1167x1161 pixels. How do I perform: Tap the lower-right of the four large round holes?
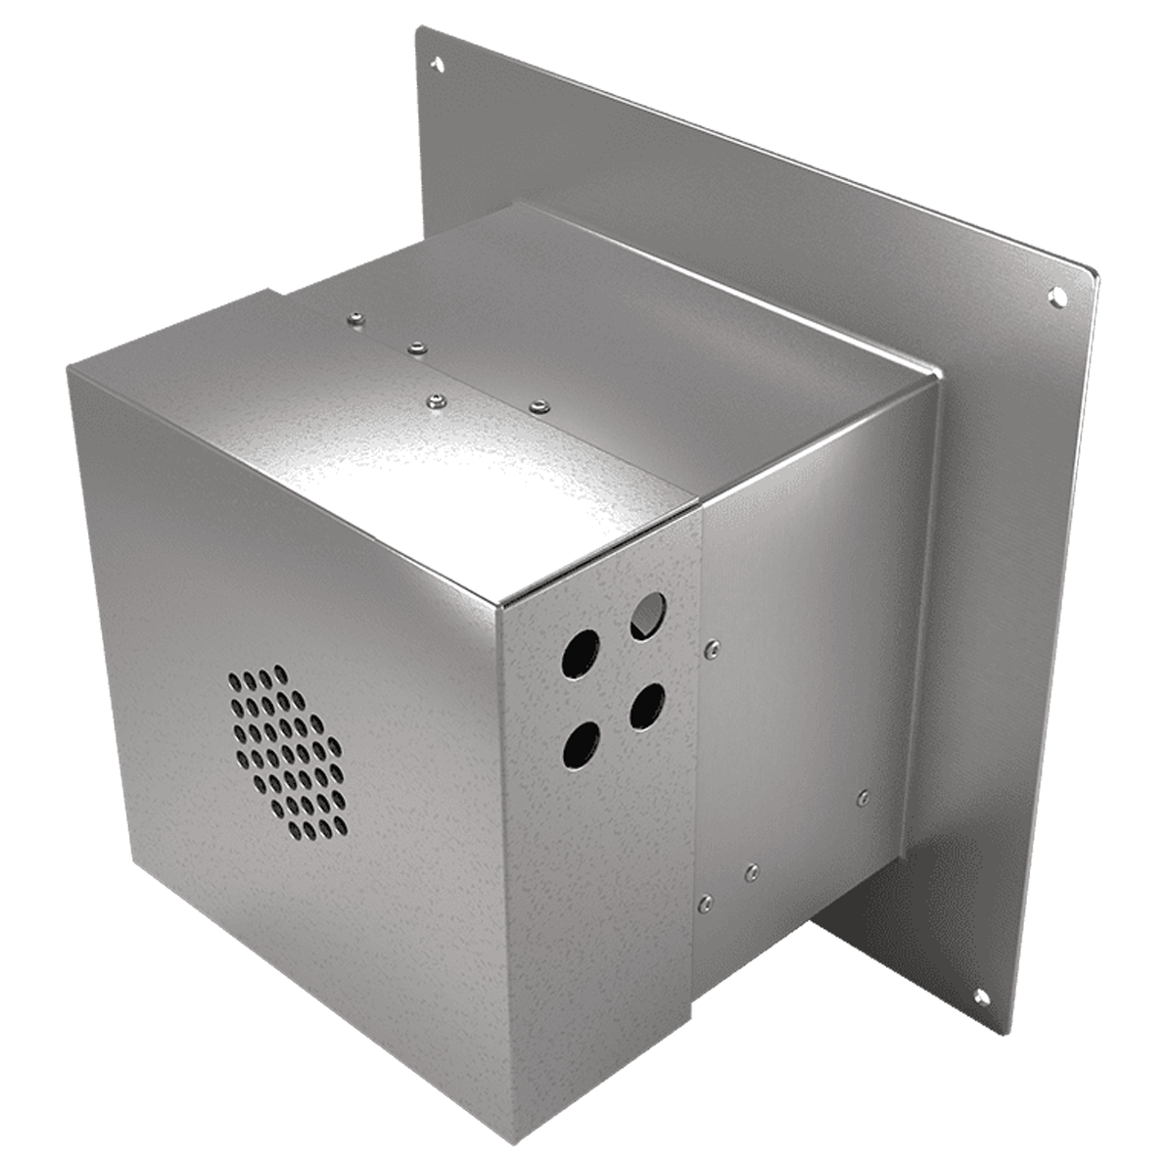[646, 704]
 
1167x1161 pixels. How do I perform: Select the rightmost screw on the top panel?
[536, 403]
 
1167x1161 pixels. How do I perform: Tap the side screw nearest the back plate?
[862, 797]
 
